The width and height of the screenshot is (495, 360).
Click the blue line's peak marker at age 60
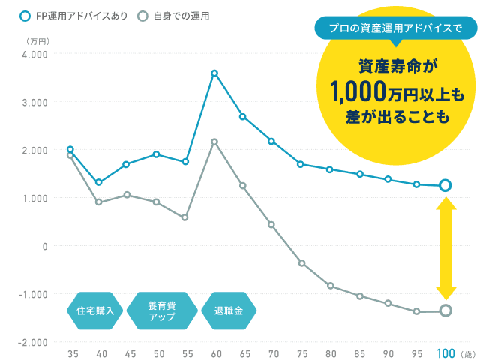[x=214, y=73]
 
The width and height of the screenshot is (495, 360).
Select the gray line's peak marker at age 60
[x=214, y=142]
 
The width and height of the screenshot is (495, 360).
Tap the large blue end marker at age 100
[x=445, y=185]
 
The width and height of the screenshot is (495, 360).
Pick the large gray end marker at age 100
[x=445, y=310]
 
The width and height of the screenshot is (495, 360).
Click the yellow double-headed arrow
[x=445, y=248]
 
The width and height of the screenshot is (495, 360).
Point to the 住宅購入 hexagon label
[x=95, y=310]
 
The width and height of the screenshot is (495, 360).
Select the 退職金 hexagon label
[x=229, y=310]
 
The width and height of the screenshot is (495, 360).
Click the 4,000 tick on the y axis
[x=34, y=55]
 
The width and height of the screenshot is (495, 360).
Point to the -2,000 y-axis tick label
[x=33, y=342]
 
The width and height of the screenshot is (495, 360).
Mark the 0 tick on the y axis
[x=43, y=246]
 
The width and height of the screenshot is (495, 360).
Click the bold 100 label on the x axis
[x=445, y=352]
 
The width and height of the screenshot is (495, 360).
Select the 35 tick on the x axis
[x=73, y=352]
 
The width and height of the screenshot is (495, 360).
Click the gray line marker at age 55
[x=184, y=217]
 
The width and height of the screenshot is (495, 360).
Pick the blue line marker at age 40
[x=98, y=182]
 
